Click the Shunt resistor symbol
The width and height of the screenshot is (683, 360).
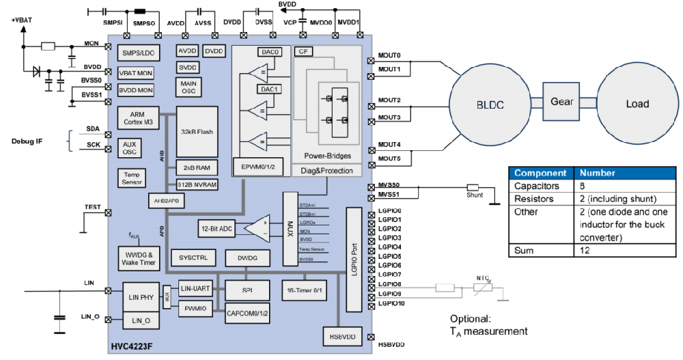point(473,187)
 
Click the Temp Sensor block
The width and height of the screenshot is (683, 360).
point(133,178)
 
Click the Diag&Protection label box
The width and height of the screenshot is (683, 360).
point(326,171)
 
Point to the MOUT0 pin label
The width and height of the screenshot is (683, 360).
point(389,55)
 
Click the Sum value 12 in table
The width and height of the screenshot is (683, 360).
point(582,250)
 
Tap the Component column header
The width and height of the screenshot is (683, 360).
point(540,173)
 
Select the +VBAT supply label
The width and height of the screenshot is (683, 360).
point(23,20)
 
